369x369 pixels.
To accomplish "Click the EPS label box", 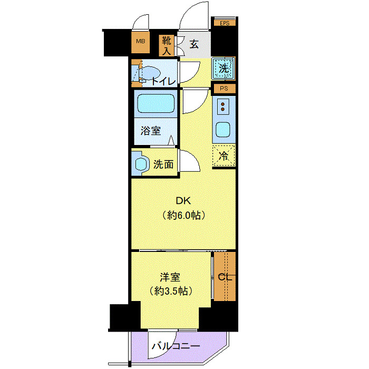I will (225, 23).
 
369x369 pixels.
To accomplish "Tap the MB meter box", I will (140, 42).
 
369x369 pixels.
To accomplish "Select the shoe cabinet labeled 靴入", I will (167, 45).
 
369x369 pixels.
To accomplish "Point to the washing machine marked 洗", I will (224, 68).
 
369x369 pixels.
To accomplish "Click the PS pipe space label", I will (225, 89).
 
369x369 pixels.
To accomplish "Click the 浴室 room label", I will (151, 131).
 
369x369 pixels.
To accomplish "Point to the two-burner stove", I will (224, 107).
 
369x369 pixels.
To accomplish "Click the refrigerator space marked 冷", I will (224, 156).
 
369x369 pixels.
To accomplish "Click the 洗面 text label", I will (163, 164).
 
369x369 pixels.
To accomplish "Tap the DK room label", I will (183, 201).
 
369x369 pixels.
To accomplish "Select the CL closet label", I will (224, 277).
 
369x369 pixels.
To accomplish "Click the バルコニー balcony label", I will (176, 346).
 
